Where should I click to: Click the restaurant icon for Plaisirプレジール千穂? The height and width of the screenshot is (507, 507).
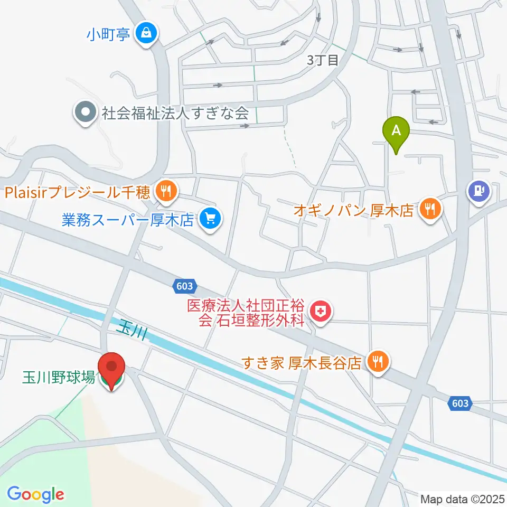(x=166, y=191)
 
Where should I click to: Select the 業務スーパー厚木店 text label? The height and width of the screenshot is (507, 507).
(x=127, y=219)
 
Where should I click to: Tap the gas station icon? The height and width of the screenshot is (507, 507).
(x=479, y=190)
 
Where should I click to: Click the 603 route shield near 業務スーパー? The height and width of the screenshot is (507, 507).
(x=184, y=286)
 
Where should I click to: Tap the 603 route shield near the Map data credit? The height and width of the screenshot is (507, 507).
(x=460, y=403)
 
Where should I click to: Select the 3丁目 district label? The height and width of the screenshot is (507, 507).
(x=323, y=60)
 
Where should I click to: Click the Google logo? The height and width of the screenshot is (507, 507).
(x=35, y=494)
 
